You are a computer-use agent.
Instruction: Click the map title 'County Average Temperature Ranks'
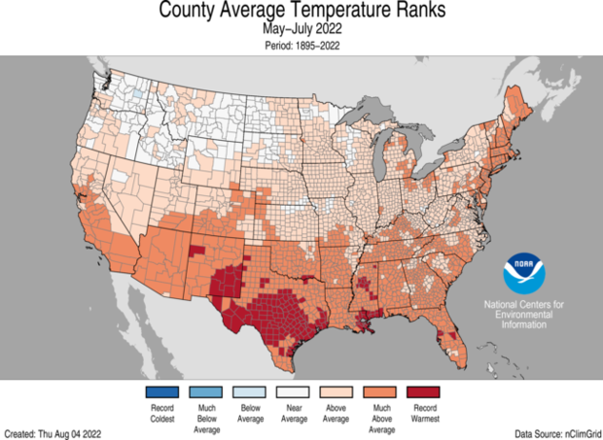301,13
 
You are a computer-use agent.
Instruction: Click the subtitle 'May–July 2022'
301,30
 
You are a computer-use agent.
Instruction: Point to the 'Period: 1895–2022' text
301,44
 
